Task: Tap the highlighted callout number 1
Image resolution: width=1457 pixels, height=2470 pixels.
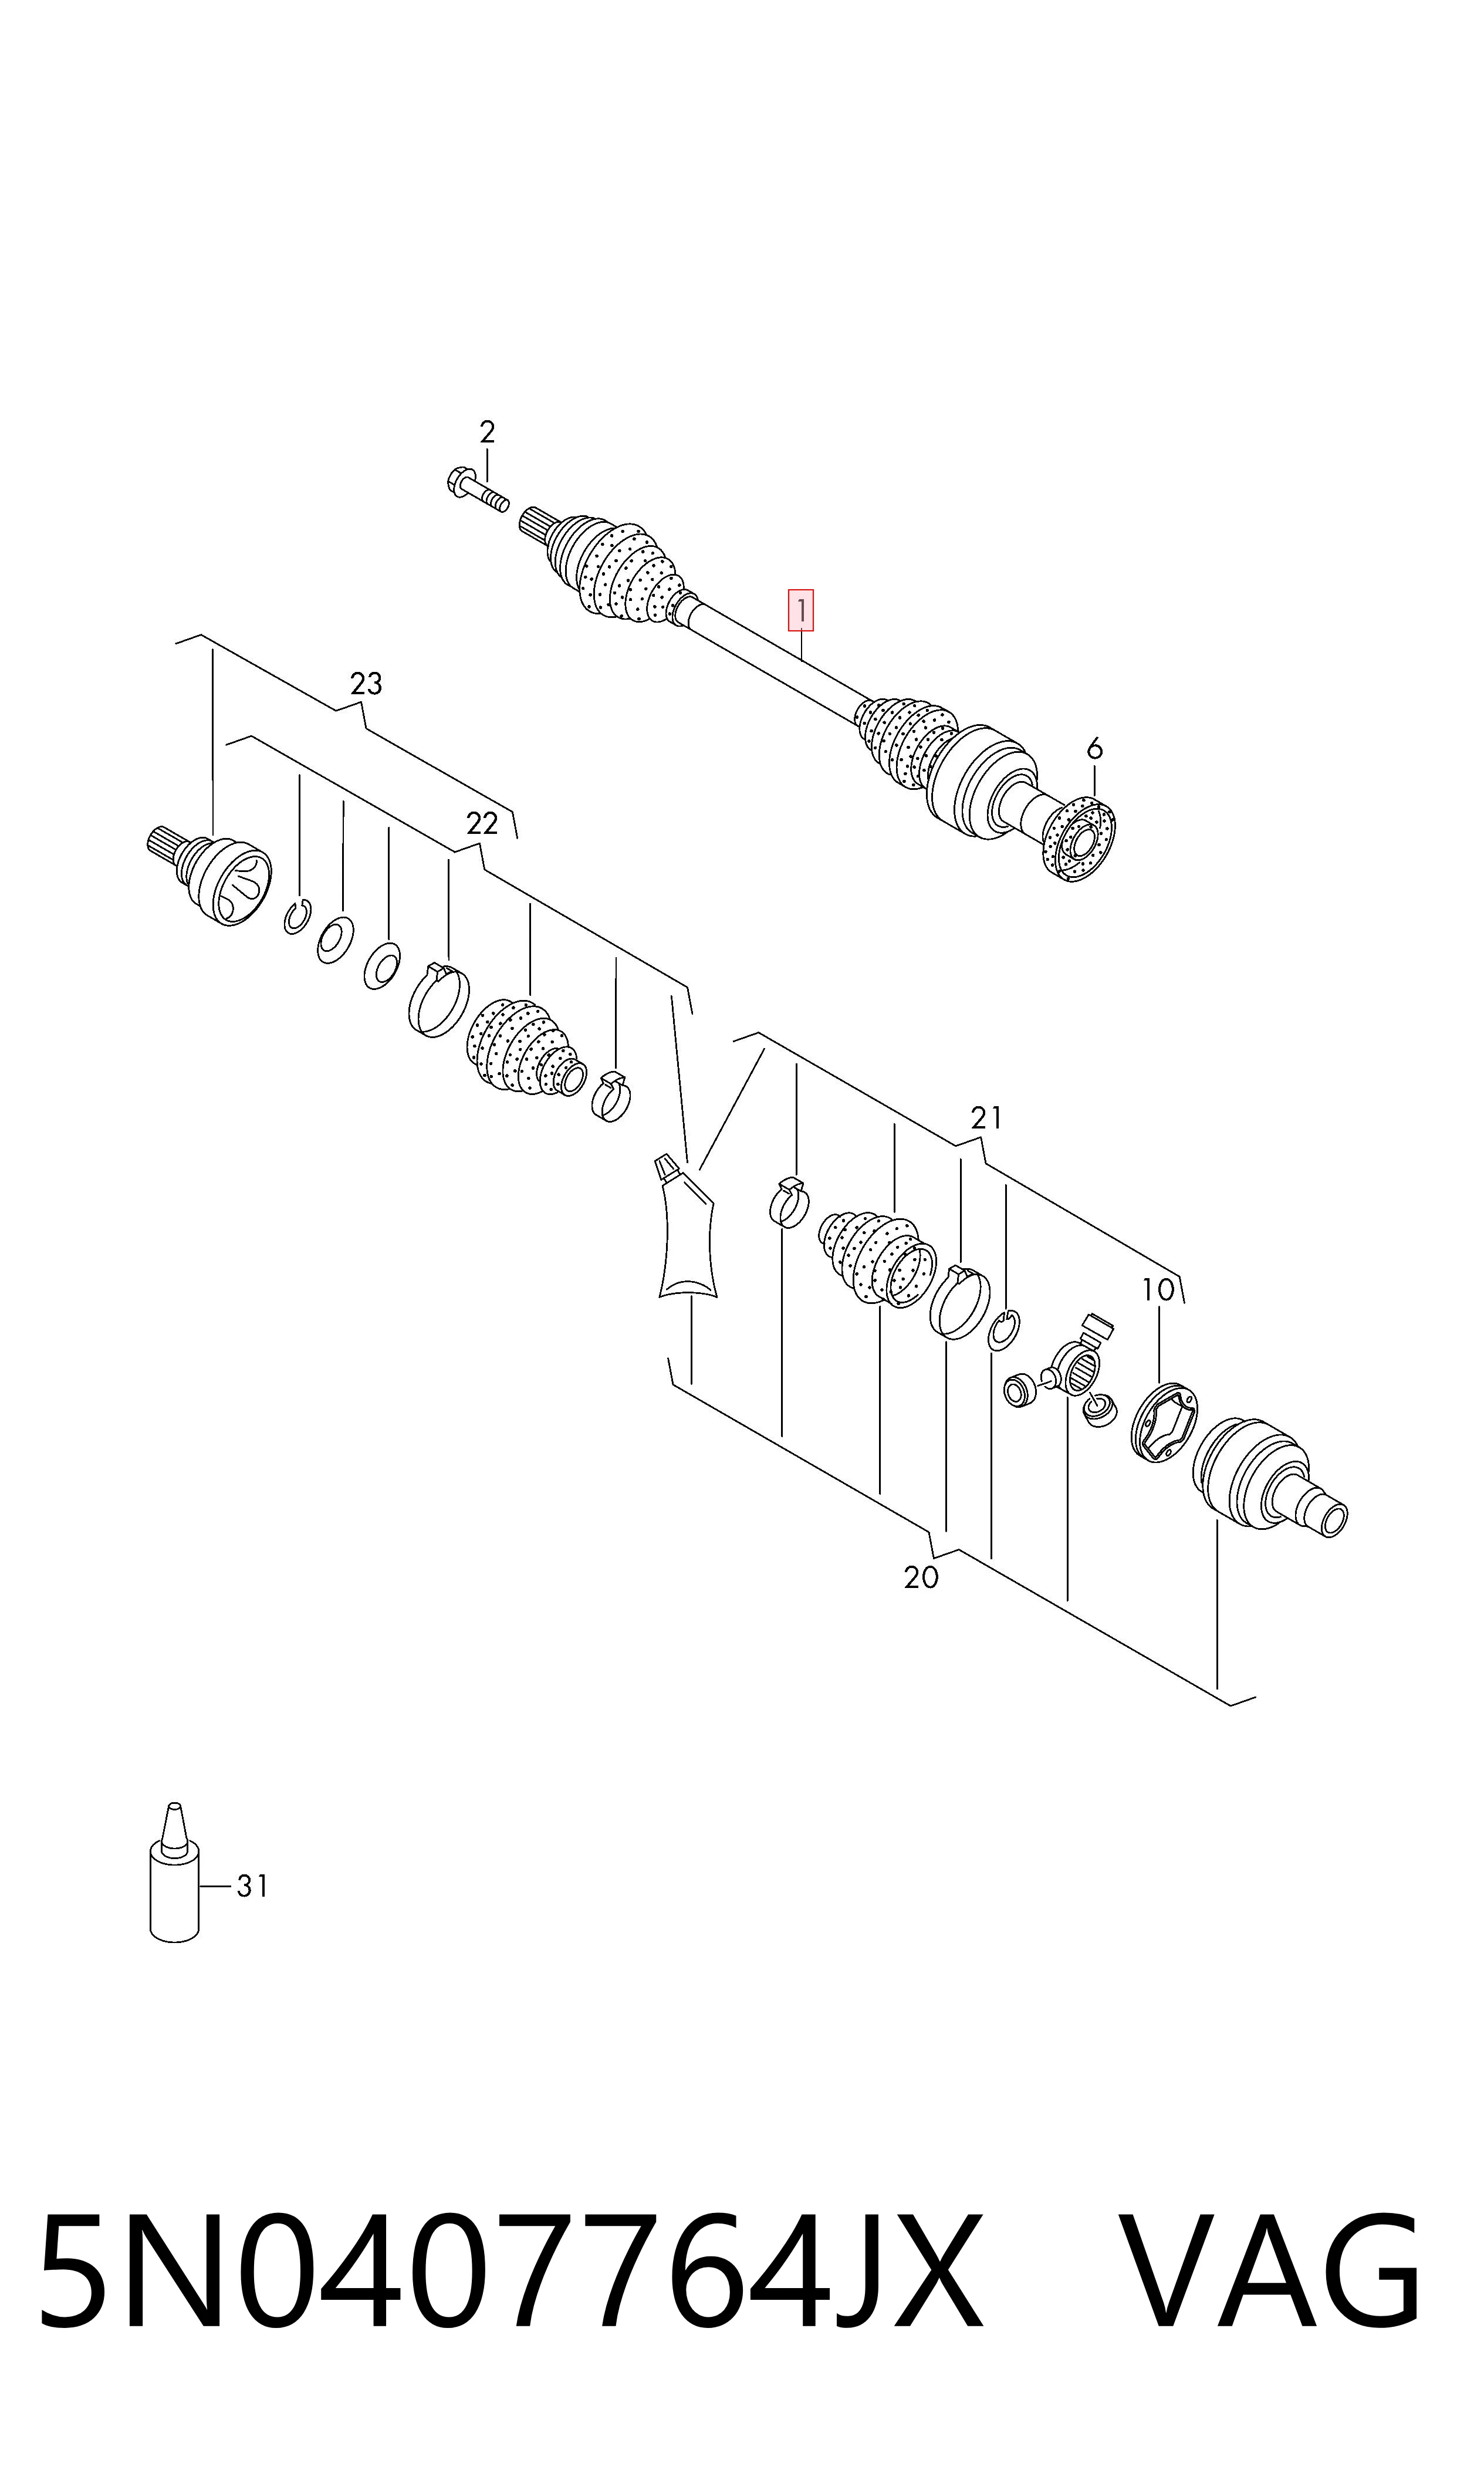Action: tap(801, 611)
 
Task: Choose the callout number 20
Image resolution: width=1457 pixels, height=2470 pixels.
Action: tap(921, 1577)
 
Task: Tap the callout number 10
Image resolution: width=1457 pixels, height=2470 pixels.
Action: tap(1158, 1290)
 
